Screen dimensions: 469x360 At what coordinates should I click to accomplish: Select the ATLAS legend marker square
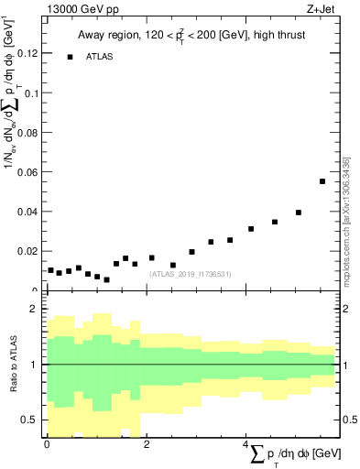point(70,57)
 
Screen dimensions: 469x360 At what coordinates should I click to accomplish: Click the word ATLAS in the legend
point(100,57)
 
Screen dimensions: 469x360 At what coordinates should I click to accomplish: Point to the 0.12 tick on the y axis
point(26,54)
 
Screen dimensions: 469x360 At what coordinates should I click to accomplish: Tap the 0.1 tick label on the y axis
point(29,93)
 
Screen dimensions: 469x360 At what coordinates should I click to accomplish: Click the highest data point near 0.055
point(322,181)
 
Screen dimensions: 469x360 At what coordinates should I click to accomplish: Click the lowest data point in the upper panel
point(107,279)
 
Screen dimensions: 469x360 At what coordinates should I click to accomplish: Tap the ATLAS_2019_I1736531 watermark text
point(191,273)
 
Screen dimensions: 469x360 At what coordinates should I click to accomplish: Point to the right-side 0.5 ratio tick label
point(348,420)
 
